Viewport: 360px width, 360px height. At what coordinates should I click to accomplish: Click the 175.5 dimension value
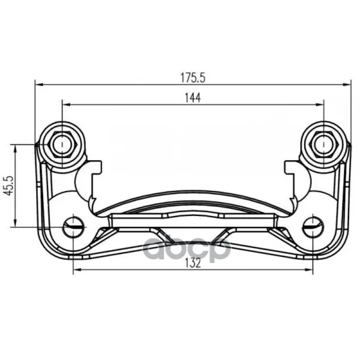click(x=193, y=78)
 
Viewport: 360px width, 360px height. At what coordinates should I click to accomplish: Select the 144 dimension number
click(x=193, y=98)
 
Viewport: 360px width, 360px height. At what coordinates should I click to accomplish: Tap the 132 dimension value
click(x=193, y=263)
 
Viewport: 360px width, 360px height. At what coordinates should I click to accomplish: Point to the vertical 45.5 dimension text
click(x=10, y=185)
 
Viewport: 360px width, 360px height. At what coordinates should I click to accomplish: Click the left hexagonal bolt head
click(x=62, y=145)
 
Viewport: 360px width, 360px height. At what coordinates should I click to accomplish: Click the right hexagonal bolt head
click(x=324, y=145)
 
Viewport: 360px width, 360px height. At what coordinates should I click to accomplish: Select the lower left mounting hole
click(x=73, y=227)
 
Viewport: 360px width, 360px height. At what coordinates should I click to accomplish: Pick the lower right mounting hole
click(x=313, y=227)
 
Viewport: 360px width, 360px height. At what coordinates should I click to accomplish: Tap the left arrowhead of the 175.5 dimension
click(x=40, y=85)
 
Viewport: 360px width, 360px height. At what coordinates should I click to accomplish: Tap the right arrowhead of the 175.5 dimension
click(x=347, y=85)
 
